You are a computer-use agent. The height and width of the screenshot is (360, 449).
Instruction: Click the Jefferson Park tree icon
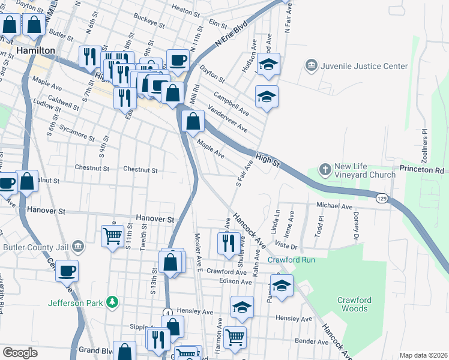[x=111, y=302]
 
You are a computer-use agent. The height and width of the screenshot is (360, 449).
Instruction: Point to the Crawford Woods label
[x=352, y=304]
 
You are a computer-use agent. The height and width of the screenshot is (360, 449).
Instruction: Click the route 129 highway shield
[x=381, y=197]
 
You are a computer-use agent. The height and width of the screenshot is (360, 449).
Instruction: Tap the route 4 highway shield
[x=169, y=313]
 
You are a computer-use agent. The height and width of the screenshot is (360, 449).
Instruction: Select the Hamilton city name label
[x=35, y=51]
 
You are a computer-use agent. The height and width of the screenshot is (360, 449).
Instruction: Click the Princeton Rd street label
[x=420, y=170]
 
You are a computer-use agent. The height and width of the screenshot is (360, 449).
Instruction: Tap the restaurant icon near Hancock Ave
[x=228, y=243]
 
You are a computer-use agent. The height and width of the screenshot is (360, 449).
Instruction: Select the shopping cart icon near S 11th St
[x=112, y=236]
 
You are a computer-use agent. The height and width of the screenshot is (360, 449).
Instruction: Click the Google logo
[x=20, y=353]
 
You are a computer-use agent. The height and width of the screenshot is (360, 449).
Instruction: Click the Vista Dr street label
[x=286, y=246]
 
